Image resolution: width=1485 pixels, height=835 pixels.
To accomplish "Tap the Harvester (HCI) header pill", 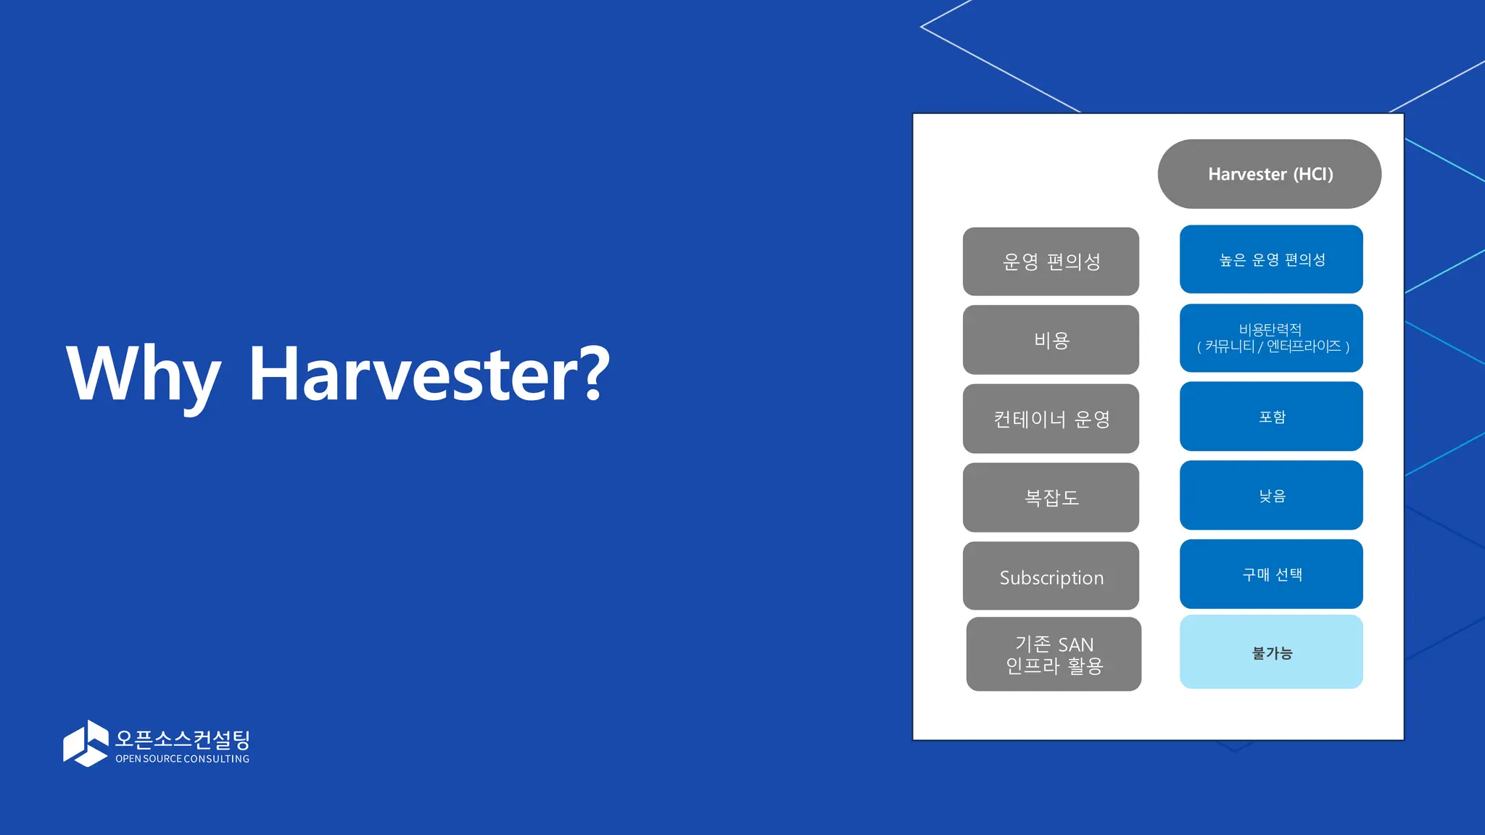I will point(1270,174).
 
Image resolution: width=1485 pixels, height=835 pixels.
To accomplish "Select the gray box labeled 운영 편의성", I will point(1051,262).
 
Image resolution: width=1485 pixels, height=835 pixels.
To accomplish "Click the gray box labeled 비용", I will point(1051,340).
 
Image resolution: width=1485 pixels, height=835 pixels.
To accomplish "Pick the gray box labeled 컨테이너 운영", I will point(1051,419).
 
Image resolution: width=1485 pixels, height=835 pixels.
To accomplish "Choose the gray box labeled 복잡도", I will point(1051,497).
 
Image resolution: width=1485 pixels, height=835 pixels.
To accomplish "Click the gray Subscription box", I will point(1051,576).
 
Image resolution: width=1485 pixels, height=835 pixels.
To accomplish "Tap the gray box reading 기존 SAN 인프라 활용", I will point(1054,655).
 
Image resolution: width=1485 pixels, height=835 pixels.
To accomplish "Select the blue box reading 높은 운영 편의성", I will point(1271,259).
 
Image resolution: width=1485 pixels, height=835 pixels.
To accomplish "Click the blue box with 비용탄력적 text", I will point(1271,338).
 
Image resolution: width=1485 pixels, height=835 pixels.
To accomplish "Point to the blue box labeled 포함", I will point(1271,417).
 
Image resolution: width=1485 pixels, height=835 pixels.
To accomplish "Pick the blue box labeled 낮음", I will point(1271,496).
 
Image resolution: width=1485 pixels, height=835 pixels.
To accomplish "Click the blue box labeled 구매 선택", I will point(1271,574).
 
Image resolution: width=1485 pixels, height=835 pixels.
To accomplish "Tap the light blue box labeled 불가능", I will point(1271,652).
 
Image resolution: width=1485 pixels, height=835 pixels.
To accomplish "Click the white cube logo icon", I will point(86,743).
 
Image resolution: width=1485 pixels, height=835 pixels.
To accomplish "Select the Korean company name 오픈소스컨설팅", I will point(183,739).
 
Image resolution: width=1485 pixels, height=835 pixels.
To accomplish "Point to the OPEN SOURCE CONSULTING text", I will point(183,759).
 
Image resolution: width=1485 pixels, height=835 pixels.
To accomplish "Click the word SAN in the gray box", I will point(1075,644).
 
